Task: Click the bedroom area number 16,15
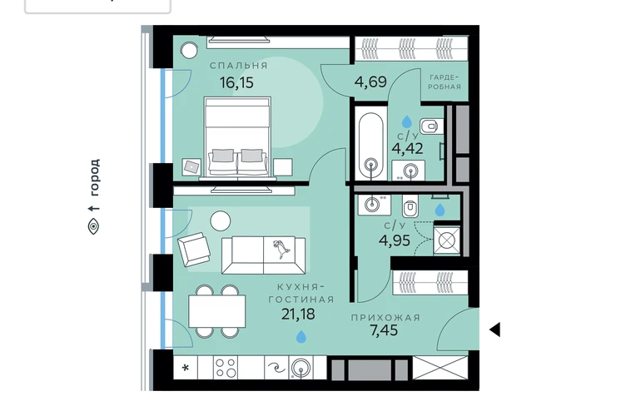(x=236, y=83)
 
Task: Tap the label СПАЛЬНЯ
(x=239, y=66)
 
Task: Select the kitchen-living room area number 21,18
(x=298, y=314)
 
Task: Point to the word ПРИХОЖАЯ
(x=385, y=318)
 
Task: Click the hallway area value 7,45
(x=384, y=330)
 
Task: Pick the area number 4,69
(x=370, y=82)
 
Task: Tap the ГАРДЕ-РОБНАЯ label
(x=445, y=82)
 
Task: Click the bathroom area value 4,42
(x=407, y=148)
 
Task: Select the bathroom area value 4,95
(x=395, y=240)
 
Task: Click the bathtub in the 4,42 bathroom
(x=370, y=143)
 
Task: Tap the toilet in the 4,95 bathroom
(x=410, y=206)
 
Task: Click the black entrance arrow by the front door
(x=495, y=329)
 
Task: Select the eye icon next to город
(x=93, y=226)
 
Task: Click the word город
(x=94, y=177)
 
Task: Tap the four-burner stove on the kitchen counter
(x=226, y=368)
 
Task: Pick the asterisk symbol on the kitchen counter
(x=186, y=368)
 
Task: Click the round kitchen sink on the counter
(x=301, y=368)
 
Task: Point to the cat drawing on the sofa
(x=281, y=248)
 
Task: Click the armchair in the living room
(x=194, y=249)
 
